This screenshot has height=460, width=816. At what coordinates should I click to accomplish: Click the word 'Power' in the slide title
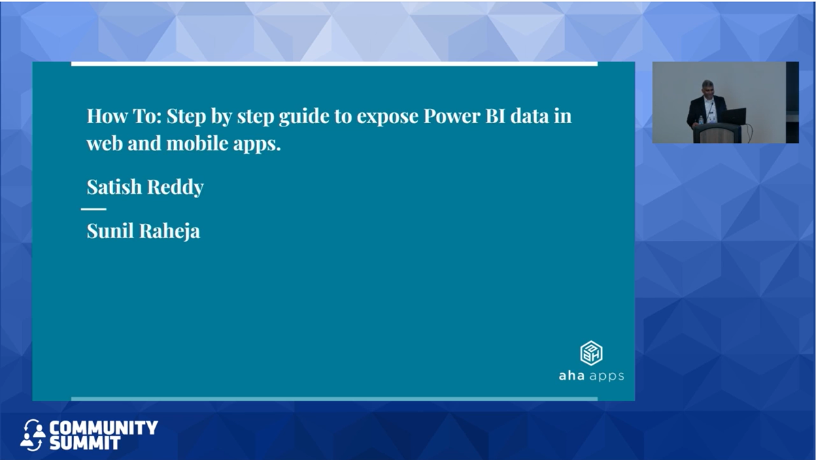tap(452, 116)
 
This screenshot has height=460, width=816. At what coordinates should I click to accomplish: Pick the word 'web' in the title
tap(105, 144)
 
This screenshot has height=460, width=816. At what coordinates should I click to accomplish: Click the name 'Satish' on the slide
tap(114, 186)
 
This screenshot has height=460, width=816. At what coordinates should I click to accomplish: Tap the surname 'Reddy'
tap(175, 187)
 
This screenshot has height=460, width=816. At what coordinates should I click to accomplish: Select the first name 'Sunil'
tap(110, 231)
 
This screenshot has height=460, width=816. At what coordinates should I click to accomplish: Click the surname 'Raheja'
tap(169, 231)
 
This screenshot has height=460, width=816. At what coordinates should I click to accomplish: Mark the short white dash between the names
tap(94, 209)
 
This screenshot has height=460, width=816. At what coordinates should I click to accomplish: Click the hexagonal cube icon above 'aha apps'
tap(591, 353)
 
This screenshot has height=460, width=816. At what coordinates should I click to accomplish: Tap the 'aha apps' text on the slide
tap(591, 376)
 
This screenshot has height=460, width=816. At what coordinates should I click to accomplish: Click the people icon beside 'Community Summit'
tap(33, 435)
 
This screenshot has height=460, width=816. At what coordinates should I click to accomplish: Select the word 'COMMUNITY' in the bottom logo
tap(103, 427)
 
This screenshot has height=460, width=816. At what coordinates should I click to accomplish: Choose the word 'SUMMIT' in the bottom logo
tap(85, 443)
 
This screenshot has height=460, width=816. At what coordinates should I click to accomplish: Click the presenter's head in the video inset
tap(707, 88)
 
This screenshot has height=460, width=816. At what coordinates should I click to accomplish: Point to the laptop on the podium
tap(733, 116)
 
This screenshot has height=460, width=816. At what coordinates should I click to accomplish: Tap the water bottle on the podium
tap(701, 120)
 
